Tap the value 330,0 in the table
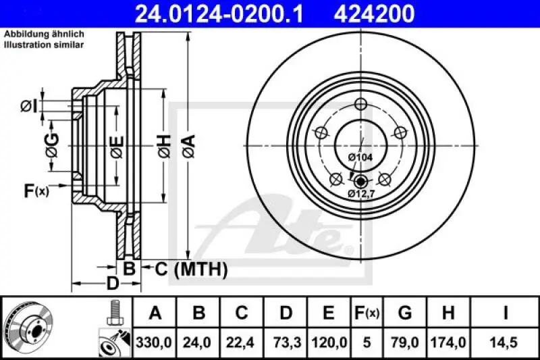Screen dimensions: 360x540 tap(155, 342)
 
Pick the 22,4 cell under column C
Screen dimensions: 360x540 tap(242, 342)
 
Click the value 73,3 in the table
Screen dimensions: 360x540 tap(286, 342)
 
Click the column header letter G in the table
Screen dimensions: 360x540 tap(405, 313)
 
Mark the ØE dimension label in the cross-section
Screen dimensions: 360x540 tap(116, 146)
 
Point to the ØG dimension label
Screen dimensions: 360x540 tap(52, 145)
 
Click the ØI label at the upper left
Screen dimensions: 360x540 tap(28, 105)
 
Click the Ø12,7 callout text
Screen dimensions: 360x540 tap(360, 194)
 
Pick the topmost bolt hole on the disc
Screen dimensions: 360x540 tap(360, 104)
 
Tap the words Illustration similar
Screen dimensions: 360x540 tap(45, 45)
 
